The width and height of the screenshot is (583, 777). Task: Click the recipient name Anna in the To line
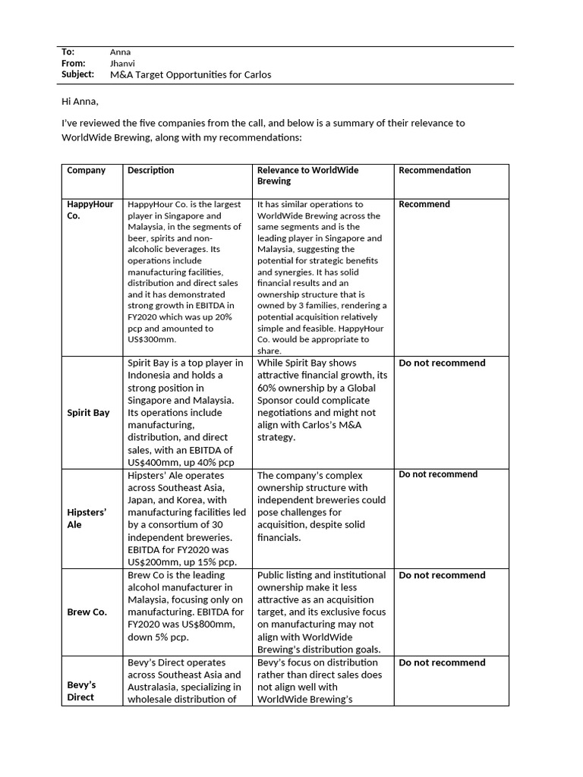[120, 52]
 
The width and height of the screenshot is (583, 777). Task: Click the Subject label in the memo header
[77, 74]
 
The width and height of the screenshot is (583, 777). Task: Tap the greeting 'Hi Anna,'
[80, 101]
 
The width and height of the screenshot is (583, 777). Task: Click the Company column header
[86, 171]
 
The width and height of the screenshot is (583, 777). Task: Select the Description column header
[150, 171]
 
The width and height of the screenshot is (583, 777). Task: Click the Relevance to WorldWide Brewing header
[307, 176]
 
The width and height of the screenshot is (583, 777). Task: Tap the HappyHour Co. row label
[90, 209]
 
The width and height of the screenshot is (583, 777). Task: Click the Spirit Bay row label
[88, 413]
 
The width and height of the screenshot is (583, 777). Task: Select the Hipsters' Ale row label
[86, 518]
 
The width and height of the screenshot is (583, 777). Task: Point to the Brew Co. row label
[87, 612]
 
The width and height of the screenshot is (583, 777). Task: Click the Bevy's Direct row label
[81, 690]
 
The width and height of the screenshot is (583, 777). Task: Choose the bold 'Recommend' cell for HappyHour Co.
[424, 204]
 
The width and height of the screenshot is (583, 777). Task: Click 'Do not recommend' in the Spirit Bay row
[442, 363]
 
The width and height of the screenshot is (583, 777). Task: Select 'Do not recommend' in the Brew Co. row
[442, 575]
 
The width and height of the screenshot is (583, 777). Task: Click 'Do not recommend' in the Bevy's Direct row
[442, 662]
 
